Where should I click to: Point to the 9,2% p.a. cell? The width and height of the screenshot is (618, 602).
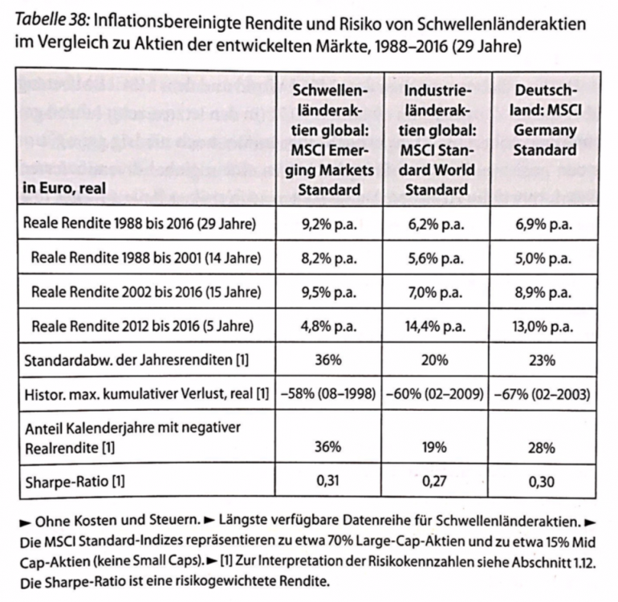(329, 224)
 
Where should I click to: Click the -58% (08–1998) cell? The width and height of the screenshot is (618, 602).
(329, 394)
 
